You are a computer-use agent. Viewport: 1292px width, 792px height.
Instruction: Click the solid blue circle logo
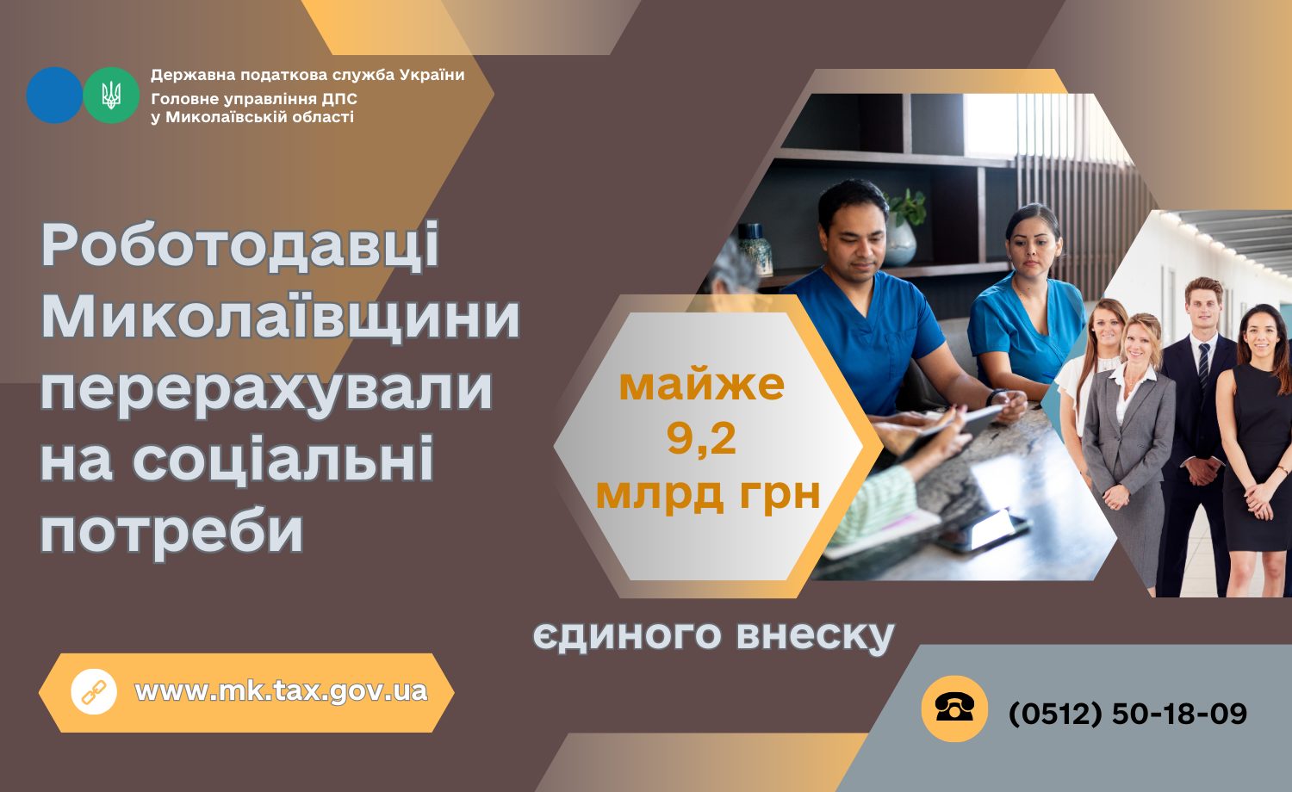pos(54,96)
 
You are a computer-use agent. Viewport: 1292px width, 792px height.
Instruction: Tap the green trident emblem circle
pos(111,96)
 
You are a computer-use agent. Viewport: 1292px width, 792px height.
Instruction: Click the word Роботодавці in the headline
pos(240,245)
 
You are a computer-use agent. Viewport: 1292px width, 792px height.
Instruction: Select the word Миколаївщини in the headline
pos(281,317)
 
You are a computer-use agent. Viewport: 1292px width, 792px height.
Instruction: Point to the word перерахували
pos(266,388)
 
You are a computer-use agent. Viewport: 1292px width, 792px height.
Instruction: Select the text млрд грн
pos(707,493)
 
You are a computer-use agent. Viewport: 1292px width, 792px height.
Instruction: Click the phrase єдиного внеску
pos(713,635)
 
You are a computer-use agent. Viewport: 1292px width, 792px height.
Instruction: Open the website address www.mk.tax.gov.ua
pos(281,691)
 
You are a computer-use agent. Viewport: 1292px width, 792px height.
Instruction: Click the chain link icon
pos(93,692)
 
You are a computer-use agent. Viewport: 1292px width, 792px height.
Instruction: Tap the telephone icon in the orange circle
pos(954,708)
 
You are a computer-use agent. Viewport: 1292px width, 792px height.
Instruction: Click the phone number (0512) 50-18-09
pos(1127,714)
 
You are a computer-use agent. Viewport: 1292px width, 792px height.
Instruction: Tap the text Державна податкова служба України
pos(307,75)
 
